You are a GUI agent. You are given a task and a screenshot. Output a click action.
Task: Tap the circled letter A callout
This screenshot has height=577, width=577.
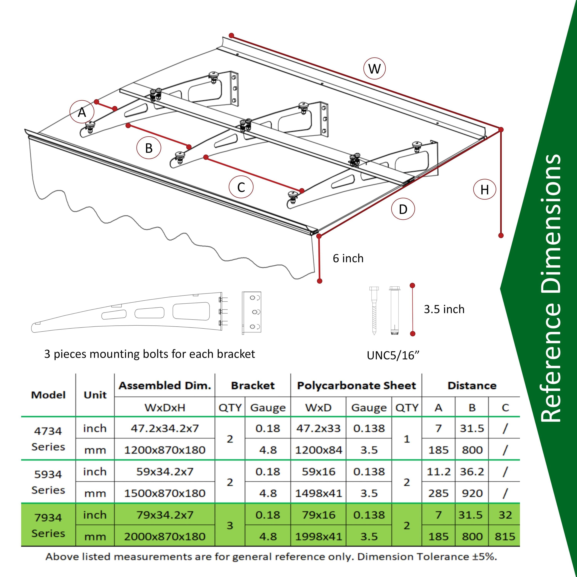tap(82, 112)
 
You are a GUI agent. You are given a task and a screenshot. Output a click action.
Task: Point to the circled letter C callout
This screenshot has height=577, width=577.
tap(241, 187)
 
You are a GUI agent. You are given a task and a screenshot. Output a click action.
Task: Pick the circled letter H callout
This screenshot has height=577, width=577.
tap(484, 189)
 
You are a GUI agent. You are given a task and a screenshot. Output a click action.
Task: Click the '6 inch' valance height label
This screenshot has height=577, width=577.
tap(348, 258)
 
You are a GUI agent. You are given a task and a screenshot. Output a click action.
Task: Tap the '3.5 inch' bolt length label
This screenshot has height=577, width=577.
tap(444, 309)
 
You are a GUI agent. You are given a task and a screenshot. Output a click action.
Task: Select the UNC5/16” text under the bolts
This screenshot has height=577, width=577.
tap(393, 355)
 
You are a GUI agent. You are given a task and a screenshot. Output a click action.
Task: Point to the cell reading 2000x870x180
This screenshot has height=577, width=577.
tap(165, 537)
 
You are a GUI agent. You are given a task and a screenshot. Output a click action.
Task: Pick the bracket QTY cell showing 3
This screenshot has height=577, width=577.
tap(230, 526)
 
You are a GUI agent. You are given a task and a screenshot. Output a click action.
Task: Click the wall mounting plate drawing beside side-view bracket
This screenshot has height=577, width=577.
tap(251, 313)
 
